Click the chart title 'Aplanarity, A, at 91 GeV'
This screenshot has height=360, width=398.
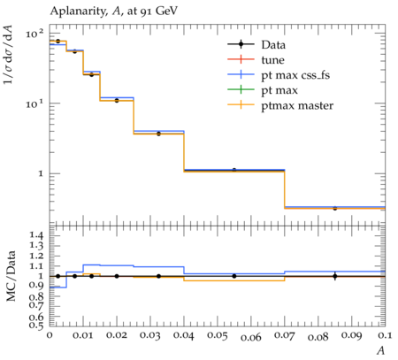(x=114, y=11)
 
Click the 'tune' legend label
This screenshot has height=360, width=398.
(x=272, y=60)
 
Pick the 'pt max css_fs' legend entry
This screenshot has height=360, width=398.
(x=295, y=75)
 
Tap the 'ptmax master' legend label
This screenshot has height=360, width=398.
(x=297, y=105)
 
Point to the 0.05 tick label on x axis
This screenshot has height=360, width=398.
(x=218, y=335)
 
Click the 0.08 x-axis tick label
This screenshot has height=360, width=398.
(x=318, y=337)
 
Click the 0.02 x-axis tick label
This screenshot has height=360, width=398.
(x=117, y=335)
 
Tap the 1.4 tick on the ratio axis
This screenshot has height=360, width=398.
(x=35, y=235)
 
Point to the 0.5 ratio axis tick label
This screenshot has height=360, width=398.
(x=35, y=325)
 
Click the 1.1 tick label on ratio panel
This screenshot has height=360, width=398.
(x=35, y=266)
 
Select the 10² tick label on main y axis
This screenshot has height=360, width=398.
(x=34, y=34)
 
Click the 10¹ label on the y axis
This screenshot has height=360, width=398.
(x=34, y=103)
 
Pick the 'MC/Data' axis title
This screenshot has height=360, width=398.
(x=11, y=276)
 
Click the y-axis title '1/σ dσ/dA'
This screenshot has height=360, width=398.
(x=8, y=55)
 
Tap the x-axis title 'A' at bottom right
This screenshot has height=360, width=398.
(x=381, y=350)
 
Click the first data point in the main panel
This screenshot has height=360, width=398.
(x=57, y=41)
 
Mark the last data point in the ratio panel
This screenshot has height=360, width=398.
(x=335, y=276)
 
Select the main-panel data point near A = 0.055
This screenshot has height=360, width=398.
(x=234, y=170)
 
